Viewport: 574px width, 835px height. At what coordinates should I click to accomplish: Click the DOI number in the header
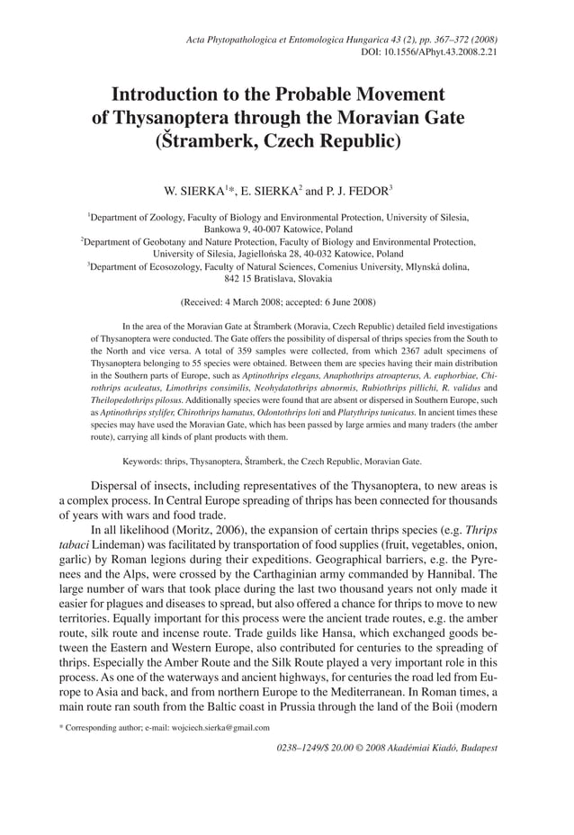pos(440,53)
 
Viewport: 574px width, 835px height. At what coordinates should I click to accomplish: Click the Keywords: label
pos(148,461)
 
